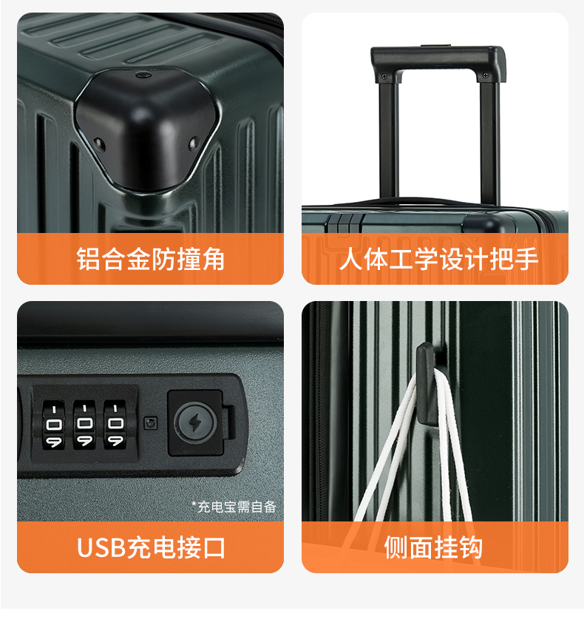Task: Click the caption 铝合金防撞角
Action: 150,259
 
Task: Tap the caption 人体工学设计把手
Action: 438,259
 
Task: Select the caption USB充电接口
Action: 151,547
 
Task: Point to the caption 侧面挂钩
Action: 433,547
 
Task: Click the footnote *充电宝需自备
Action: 234,507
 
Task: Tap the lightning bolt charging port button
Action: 195,422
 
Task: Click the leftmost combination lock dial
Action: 54,425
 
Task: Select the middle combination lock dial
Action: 84,425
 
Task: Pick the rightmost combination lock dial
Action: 115,425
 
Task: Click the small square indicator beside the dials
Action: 150,423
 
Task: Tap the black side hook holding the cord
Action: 427,385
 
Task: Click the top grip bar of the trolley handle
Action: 438,60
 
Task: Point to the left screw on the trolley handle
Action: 384,75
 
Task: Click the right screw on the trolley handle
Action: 485,75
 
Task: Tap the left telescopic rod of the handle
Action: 389,141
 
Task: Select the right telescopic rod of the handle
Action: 489,143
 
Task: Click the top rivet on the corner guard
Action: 143,75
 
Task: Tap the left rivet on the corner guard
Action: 99,144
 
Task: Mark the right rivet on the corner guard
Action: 193,143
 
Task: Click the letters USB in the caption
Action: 101,547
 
